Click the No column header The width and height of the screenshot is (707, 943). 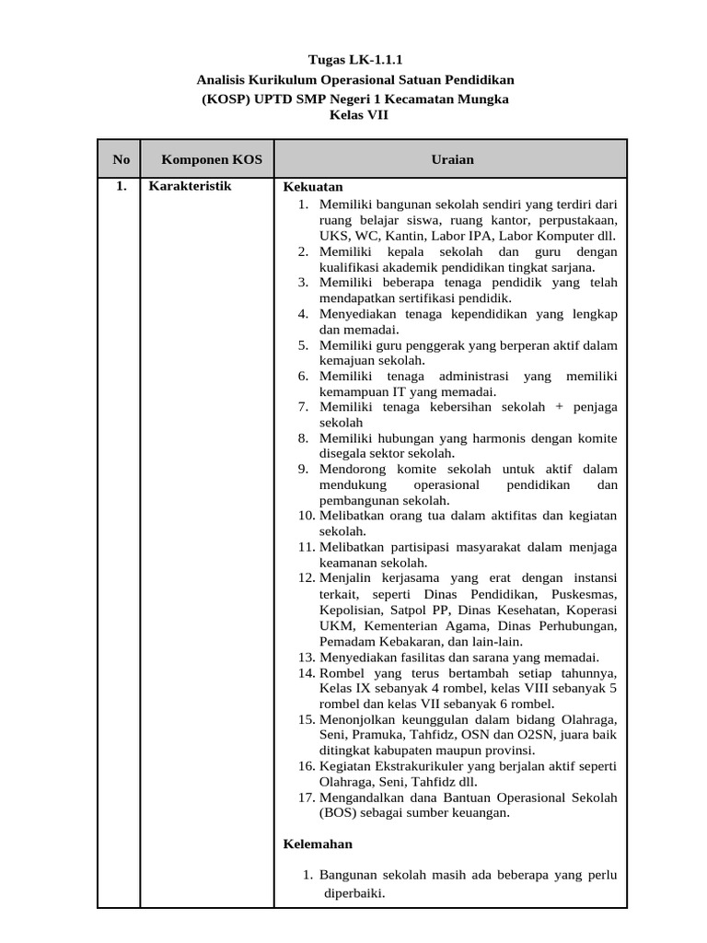click(121, 159)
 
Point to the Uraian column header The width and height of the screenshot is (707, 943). click(452, 159)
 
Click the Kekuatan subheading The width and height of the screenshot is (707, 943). click(312, 186)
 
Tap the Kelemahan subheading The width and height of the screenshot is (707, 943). click(318, 844)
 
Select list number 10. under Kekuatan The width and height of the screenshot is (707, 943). click(307, 515)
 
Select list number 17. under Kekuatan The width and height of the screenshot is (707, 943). click(307, 797)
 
